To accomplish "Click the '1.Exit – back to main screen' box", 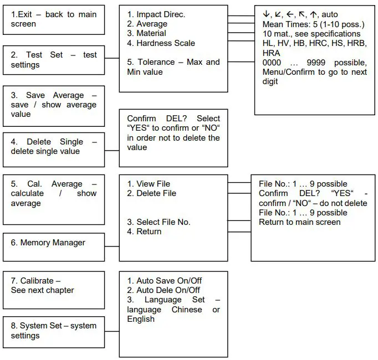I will point(54,19).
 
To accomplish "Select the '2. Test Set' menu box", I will point(54,60).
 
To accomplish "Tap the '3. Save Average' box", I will point(54,104).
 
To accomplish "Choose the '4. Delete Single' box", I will point(54,147).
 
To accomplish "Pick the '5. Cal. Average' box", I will point(54,194).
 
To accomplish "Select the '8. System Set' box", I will point(54,331).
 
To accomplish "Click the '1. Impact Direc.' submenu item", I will point(156,14).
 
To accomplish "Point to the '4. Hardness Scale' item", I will point(161,43).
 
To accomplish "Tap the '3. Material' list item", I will point(147,34).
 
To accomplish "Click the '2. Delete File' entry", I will point(151,193).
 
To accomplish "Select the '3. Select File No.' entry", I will point(159,222).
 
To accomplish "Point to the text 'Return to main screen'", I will point(300,222).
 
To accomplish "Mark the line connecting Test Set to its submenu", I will point(112,58).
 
